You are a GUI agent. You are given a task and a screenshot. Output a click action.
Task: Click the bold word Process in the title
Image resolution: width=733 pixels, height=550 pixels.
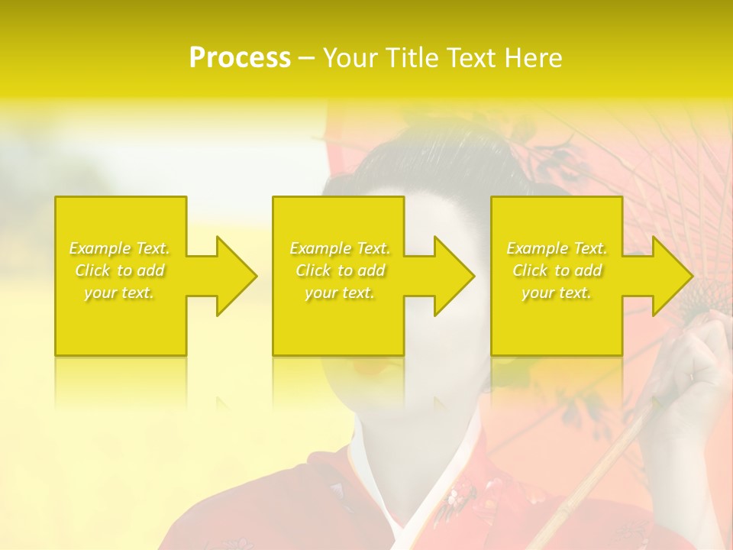pyautogui.click(x=240, y=58)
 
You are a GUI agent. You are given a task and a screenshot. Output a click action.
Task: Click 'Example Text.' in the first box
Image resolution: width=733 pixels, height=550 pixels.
pyautogui.click(x=120, y=248)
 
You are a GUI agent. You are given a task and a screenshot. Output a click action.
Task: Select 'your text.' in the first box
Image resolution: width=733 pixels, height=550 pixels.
pyautogui.click(x=120, y=293)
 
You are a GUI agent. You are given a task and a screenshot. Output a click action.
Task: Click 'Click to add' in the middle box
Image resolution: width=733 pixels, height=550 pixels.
pyautogui.click(x=340, y=270)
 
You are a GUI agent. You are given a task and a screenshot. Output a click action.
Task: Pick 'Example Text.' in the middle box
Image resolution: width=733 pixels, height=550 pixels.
pyautogui.click(x=340, y=248)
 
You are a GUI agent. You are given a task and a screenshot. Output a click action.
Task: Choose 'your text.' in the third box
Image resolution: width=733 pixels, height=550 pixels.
pyautogui.click(x=557, y=293)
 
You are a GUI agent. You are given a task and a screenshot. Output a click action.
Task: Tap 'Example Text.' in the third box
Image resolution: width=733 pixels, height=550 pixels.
pyautogui.click(x=557, y=248)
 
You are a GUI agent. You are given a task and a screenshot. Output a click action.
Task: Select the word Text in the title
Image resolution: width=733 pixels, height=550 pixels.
pyautogui.click(x=468, y=58)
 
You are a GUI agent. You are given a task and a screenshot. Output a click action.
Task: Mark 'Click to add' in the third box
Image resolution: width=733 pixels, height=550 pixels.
pyautogui.click(x=557, y=270)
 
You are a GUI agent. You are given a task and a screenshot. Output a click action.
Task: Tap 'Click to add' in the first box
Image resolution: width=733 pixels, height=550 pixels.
pyautogui.click(x=120, y=270)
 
